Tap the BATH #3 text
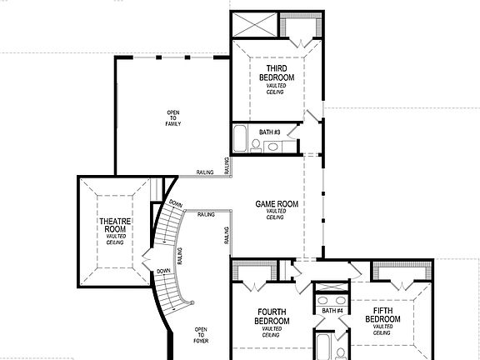coord(268,132)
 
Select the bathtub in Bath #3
coord(240,140)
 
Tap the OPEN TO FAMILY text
coord(172,118)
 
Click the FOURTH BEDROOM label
coord(271,317)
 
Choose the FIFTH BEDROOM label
coord(383,317)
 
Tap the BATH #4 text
coord(332,312)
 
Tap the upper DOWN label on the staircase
coord(175,203)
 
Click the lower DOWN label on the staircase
coord(163,271)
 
